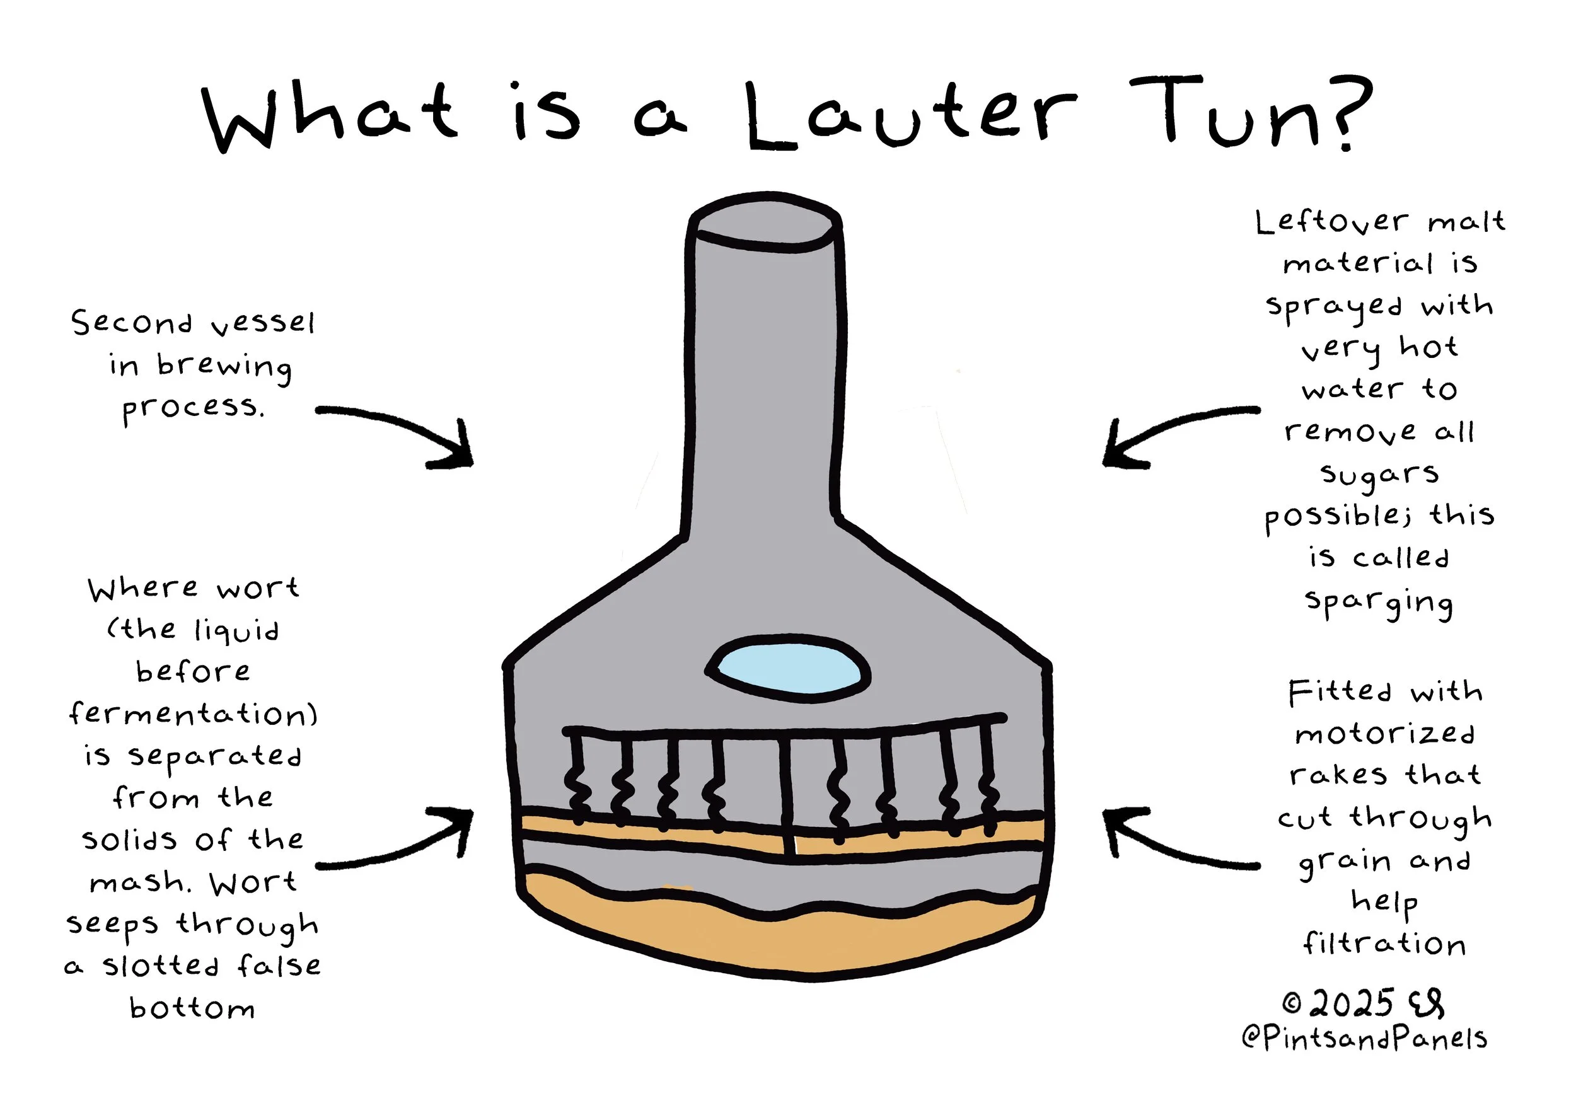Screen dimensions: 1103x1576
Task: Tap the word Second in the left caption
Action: (132, 323)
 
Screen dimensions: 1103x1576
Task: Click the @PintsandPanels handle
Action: (1364, 1039)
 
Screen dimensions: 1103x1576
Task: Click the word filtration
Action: (1384, 944)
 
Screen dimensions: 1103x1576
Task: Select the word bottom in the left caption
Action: (192, 1008)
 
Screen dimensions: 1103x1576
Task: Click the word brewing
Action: (224, 365)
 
